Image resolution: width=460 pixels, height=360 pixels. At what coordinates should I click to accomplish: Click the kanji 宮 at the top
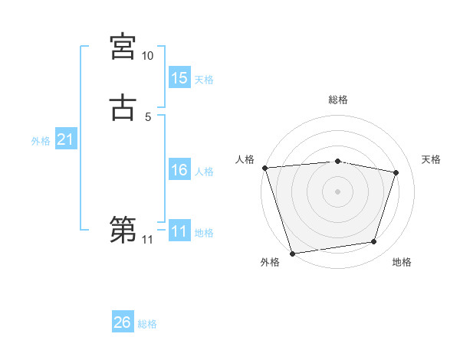123,47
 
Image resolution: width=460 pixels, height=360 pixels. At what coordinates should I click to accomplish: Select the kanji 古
123,106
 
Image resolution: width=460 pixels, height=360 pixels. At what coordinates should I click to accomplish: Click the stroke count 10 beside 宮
147,56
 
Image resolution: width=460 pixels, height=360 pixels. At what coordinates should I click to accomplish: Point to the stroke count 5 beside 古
148,116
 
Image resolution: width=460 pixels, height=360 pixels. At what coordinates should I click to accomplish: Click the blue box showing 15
179,78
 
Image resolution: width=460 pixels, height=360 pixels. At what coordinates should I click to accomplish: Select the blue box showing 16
179,171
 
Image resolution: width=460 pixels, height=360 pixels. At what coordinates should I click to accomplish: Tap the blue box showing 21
65,140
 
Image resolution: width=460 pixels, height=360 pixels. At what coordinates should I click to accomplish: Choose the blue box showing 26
123,323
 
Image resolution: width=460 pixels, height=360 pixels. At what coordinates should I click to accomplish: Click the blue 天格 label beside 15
204,80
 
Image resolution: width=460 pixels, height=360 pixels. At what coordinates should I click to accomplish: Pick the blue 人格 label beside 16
204,172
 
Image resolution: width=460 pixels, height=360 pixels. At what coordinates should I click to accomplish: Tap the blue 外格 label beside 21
41,141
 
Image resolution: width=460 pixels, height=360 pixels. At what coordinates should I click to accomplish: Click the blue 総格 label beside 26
147,324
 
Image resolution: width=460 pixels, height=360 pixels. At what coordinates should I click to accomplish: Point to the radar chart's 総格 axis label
338,100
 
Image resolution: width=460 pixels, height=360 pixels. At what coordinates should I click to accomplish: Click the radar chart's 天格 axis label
432,159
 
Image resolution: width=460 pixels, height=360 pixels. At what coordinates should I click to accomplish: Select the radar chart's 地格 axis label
402,263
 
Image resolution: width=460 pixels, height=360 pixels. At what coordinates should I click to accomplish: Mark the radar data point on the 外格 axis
292,253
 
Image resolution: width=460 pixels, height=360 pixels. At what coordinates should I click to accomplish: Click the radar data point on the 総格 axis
338,161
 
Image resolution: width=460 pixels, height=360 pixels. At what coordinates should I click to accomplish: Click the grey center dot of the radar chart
338,191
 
